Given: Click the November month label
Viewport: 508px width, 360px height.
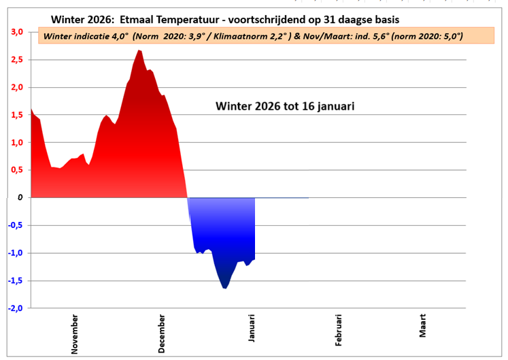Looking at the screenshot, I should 75,333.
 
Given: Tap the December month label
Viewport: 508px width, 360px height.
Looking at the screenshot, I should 162,333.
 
